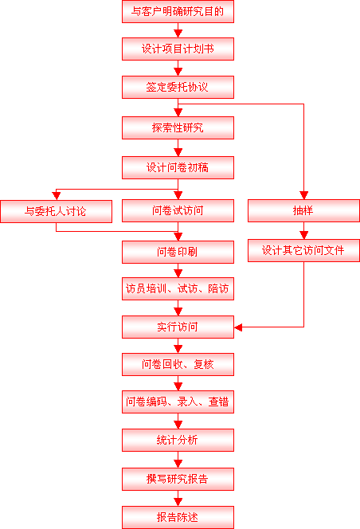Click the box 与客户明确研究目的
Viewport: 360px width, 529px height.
178,11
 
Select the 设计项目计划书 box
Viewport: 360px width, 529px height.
178,49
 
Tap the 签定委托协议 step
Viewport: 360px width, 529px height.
178,87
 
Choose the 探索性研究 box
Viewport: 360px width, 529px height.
178,127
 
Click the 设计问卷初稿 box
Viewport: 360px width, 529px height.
178,167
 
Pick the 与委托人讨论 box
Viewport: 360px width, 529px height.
56,212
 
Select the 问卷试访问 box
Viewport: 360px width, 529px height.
178,211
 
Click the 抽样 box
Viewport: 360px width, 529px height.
303,211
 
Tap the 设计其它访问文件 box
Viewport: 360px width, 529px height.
303,250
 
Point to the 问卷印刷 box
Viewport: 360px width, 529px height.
178,252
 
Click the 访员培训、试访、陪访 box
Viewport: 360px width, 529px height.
178,288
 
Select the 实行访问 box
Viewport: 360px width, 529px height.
178,327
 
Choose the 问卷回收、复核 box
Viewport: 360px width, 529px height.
178,364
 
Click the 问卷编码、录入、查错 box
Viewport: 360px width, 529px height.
178,402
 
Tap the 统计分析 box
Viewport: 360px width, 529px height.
178,441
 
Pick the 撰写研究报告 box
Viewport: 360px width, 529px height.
178,479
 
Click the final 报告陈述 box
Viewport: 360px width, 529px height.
178,517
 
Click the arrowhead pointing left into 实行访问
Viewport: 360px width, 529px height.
238,327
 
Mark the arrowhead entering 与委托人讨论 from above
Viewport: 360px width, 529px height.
56,196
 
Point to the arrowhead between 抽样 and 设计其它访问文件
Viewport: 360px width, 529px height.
303,235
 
